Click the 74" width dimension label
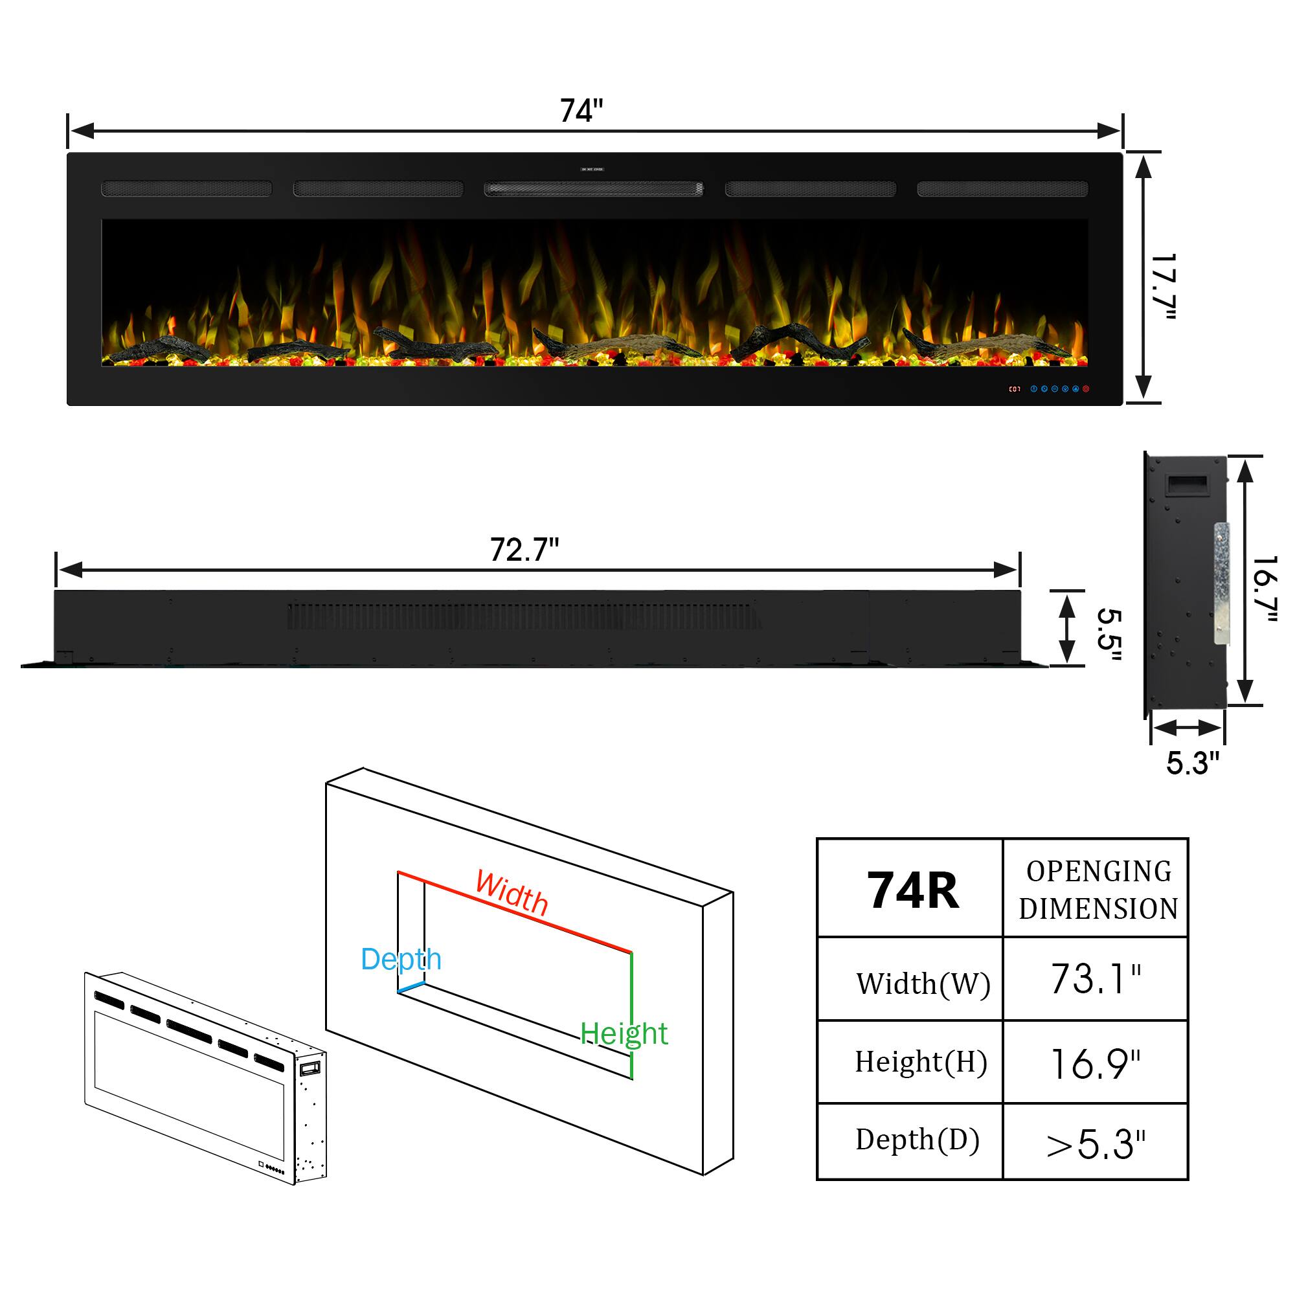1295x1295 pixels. [x=581, y=111]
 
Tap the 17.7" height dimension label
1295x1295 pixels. [x=1163, y=287]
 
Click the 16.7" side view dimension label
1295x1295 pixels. [x=1265, y=588]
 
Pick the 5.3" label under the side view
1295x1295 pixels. [x=1193, y=763]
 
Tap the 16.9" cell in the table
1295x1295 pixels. [x=1096, y=1064]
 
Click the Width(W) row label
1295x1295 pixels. [x=923, y=984]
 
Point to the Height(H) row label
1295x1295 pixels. [x=921, y=1063]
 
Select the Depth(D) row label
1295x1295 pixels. [x=918, y=1140]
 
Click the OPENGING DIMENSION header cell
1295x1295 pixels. [x=1099, y=890]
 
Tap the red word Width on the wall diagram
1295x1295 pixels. [x=512, y=893]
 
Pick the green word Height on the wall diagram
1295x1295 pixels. [x=624, y=1033]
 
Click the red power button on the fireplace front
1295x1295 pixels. [x=1086, y=388]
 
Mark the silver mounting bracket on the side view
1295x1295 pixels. [x=1222, y=584]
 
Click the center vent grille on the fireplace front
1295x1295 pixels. [x=594, y=189]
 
